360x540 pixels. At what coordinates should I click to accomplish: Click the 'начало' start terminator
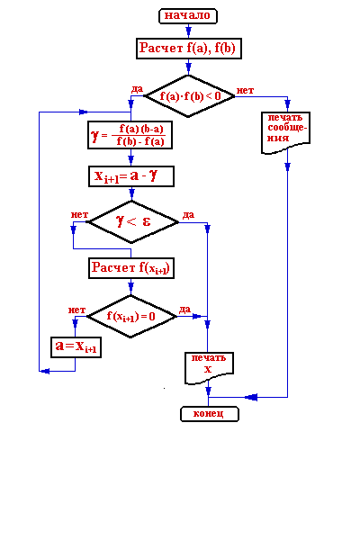tap(188, 16)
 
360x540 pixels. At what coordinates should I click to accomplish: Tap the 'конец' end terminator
tap(210, 414)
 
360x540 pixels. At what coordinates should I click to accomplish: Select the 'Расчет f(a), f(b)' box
tap(189, 49)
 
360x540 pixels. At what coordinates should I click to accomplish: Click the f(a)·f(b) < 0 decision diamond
tap(189, 96)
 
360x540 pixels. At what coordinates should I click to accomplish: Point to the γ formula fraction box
tap(130, 135)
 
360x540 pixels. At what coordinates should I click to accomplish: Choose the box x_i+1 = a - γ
tap(131, 176)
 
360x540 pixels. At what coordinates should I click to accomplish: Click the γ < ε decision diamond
tap(131, 221)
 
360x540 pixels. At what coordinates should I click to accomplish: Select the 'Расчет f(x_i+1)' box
tap(131, 268)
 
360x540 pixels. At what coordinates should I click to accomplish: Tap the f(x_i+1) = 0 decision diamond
tap(130, 316)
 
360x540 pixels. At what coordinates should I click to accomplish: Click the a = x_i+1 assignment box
tap(76, 347)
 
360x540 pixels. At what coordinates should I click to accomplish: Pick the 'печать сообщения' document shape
tap(286, 132)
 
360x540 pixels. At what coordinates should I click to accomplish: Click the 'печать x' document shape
tap(209, 368)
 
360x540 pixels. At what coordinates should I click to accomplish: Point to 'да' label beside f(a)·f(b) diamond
tap(137, 89)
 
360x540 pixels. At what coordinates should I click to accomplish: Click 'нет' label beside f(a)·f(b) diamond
tap(245, 91)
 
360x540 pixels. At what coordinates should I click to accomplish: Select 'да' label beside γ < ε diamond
tap(188, 215)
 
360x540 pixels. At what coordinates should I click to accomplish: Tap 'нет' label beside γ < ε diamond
tap(79, 215)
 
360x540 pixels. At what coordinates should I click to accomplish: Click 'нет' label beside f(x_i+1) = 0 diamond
tap(76, 310)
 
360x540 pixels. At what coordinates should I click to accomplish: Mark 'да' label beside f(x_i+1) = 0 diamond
tap(184, 310)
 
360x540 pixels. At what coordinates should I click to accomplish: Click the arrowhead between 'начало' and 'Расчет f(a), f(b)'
tap(188, 31)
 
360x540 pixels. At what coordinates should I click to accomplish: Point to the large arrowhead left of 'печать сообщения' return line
tap(251, 398)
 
